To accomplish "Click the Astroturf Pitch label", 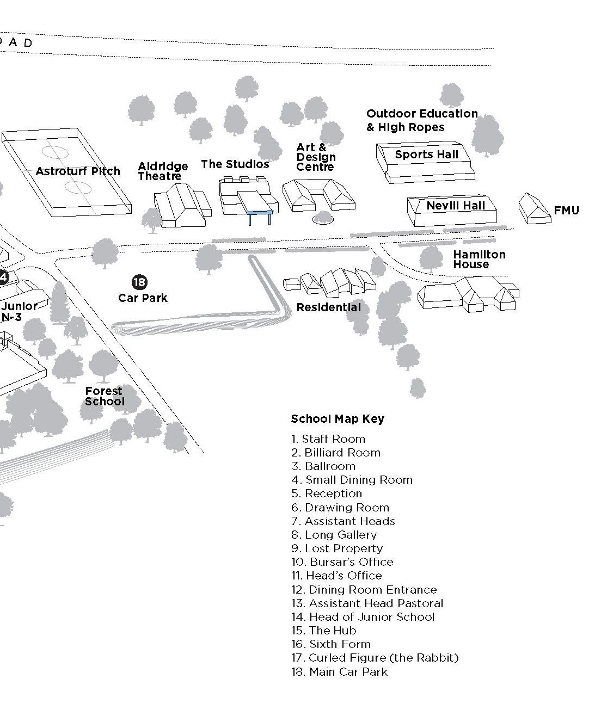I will [x=78, y=171].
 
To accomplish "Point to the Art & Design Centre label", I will [x=316, y=157].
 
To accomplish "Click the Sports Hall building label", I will [x=427, y=155].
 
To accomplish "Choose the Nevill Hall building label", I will [x=455, y=206].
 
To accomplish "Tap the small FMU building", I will [x=534, y=208].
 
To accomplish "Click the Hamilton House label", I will [x=479, y=259].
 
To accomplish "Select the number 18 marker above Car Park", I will [x=139, y=282].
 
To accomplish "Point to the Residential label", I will [x=328, y=307].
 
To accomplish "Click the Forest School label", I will [x=105, y=396].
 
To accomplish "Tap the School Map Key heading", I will [x=338, y=419].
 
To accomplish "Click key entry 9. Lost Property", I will [x=337, y=548].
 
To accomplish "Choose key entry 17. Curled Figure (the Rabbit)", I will [x=375, y=658].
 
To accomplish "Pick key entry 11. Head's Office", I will [x=336, y=576].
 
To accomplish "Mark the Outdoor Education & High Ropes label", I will [x=422, y=120].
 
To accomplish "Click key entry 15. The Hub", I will [x=324, y=631].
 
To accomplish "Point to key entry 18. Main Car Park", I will [x=340, y=672].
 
